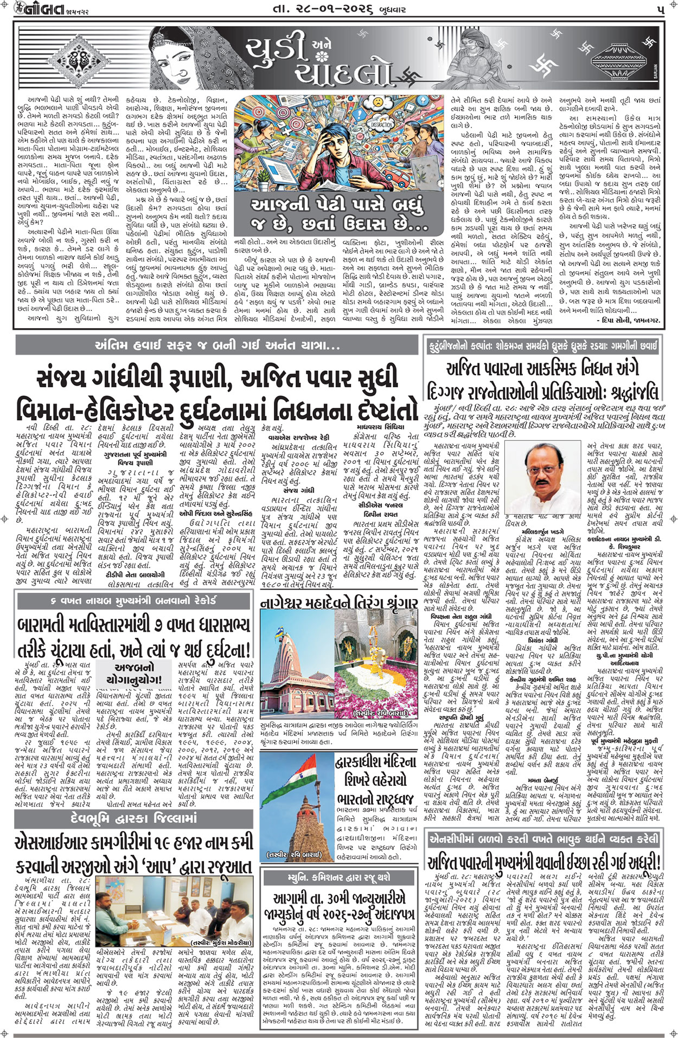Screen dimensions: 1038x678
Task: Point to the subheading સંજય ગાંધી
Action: [x=287, y=490]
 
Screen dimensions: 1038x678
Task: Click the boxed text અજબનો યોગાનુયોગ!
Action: [x=135, y=673]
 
